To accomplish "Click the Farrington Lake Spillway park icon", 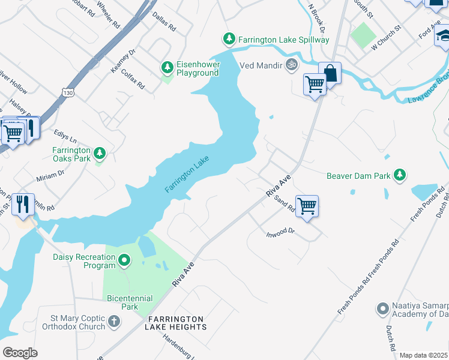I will (229, 40).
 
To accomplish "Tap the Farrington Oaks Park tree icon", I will (100, 154).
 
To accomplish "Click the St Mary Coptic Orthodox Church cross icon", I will (114, 322).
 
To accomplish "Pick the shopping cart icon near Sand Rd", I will (307, 206).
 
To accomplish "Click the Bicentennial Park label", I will (130, 302).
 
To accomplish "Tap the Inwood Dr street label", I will (281, 231).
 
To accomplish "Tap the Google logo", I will (20, 353).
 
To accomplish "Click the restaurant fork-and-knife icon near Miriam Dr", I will (23, 205).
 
